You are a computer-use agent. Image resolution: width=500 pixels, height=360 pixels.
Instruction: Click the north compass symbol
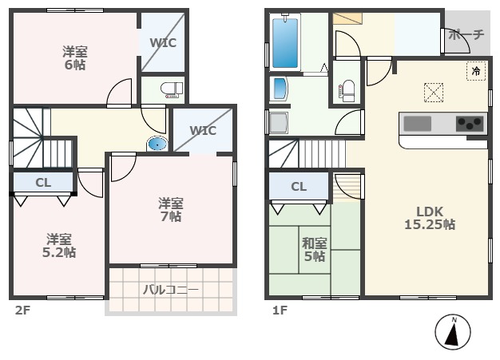pos(453,333)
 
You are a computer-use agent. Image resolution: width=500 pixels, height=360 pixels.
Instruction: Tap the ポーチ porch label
pos(466,35)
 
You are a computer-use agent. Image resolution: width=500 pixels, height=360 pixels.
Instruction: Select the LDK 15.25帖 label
pos(429,218)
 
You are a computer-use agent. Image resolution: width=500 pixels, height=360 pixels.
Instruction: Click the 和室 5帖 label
pos(313,249)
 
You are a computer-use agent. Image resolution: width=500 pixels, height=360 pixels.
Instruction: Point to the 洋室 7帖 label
pos(169,209)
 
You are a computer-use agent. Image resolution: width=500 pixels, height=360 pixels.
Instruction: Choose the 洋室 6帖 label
pos(75,57)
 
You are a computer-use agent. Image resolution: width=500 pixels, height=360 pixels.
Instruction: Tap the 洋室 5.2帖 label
pos(59,245)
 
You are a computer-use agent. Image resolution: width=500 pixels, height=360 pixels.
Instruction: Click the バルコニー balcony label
pos(171,290)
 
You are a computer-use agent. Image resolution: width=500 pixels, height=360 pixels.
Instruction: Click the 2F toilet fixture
pos(170,88)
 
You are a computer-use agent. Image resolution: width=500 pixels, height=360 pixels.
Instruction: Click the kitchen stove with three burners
pos(470,124)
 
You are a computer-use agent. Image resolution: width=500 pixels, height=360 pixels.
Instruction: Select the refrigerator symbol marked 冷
pos(476,71)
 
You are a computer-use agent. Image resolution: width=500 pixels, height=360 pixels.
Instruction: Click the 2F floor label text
pos(21,310)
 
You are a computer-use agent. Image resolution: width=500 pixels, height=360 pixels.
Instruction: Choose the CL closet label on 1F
pos(299,187)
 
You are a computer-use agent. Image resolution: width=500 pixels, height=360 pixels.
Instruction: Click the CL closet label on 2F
pos(43,183)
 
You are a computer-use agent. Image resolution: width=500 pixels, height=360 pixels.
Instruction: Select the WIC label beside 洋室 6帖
pos(163,43)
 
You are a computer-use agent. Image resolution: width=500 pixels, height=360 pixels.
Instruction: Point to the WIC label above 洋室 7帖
pos(203,130)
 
